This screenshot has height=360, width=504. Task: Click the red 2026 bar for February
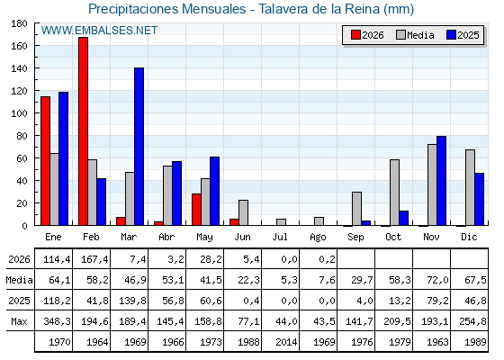83,131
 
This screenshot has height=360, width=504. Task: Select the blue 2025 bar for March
139,147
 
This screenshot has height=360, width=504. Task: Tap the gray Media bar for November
432,184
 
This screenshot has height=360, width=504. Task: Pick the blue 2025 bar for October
404,218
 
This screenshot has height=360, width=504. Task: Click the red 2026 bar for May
196,210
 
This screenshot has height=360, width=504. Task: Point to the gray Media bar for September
356,209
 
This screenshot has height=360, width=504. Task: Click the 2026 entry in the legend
367,35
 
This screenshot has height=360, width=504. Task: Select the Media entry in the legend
415,35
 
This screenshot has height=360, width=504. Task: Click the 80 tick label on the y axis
22,136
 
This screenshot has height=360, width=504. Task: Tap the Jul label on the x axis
280,238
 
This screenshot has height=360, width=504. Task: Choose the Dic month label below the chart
469,238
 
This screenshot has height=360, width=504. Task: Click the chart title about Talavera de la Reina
251,9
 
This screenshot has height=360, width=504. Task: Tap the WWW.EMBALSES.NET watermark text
99,31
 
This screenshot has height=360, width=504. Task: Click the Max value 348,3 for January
57,321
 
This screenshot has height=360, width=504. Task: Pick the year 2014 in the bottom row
286,342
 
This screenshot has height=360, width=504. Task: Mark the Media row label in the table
19,280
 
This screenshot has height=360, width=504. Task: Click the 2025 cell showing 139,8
132,301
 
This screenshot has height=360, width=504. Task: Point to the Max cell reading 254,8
472,321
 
